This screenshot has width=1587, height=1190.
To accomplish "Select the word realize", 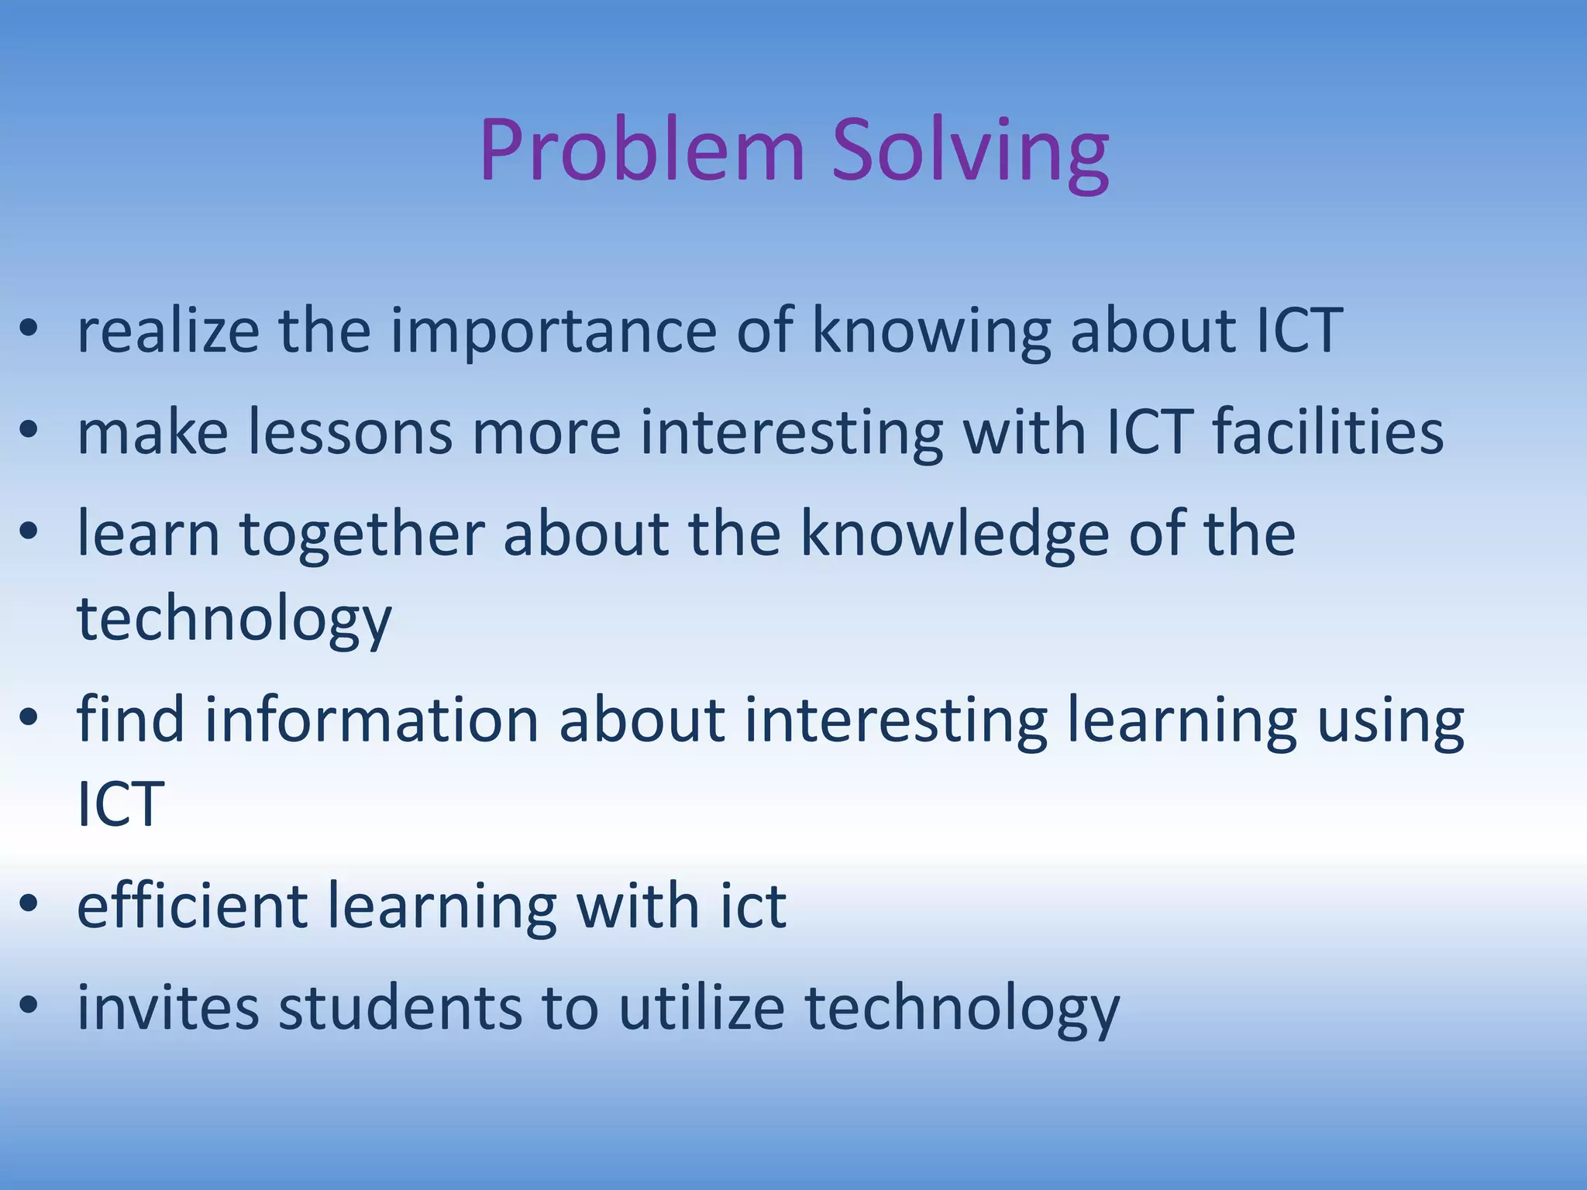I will (x=168, y=331).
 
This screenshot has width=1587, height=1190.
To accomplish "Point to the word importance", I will (x=553, y=331).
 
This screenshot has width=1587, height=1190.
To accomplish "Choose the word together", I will (x=362, y=534).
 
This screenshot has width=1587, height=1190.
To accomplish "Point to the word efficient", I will (x=192, y=906).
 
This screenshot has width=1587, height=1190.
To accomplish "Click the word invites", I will (x=168, y=1008).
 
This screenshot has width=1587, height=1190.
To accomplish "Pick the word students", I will (x=400, y=1008).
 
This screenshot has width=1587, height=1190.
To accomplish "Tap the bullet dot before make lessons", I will (x=29, y=432).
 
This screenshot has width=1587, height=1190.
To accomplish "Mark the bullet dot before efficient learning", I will (x=29, y=906).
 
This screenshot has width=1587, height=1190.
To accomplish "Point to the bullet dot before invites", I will (x=29, y=1008).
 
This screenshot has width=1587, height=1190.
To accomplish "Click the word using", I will (x=1390, y=721).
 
